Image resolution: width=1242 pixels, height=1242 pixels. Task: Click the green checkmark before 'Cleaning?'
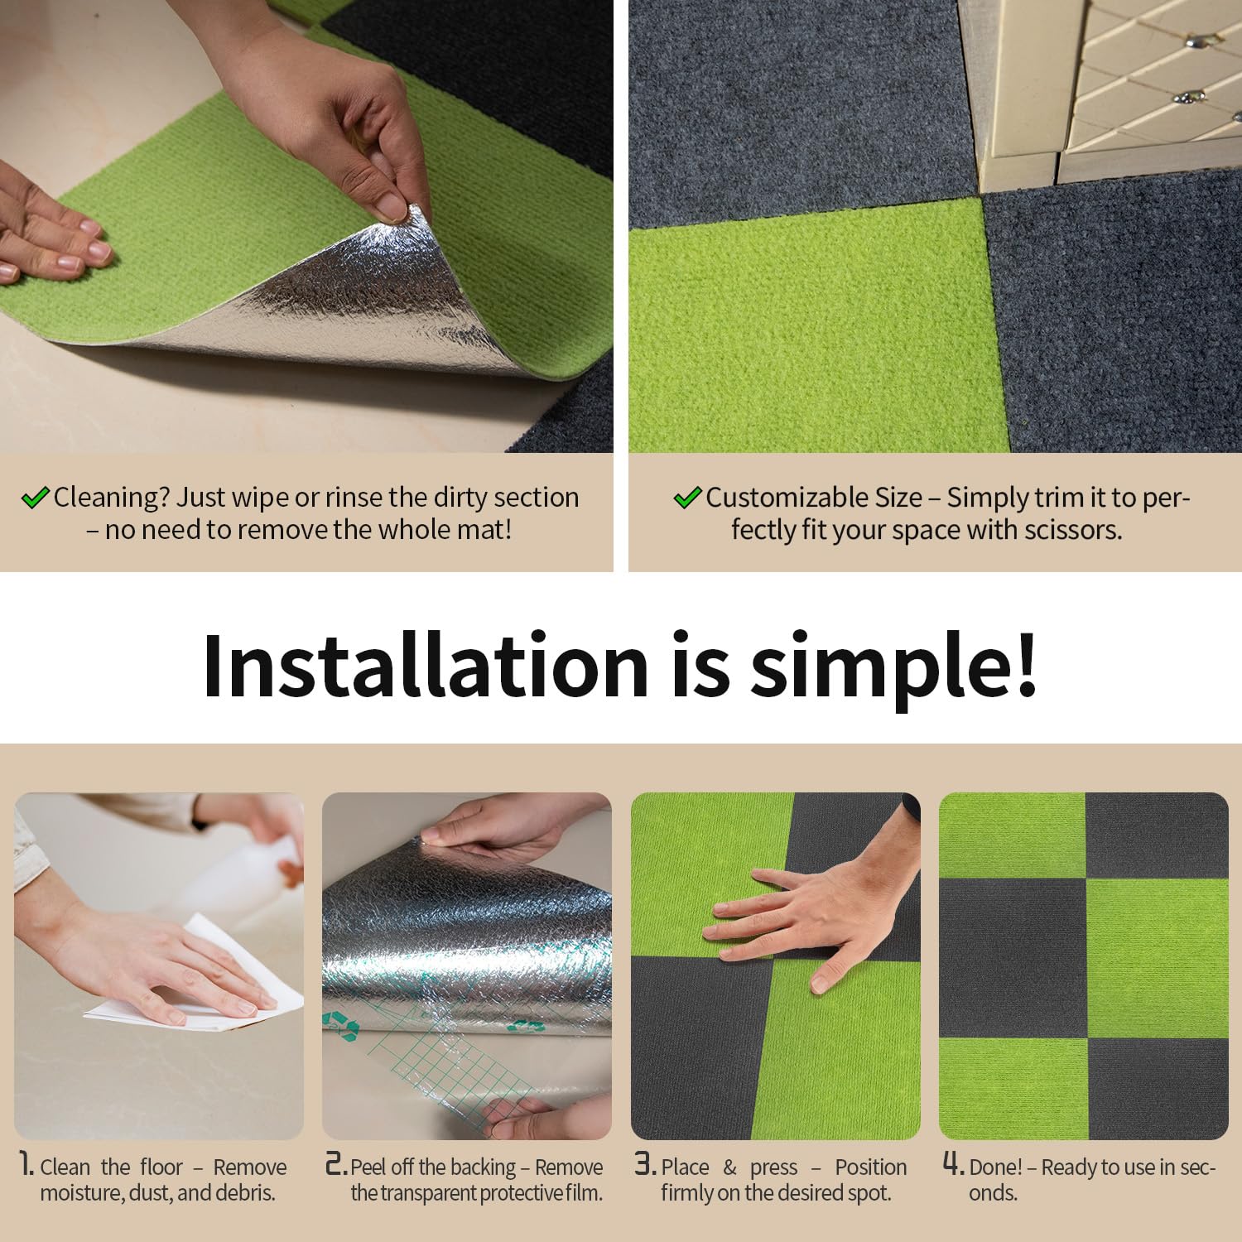point(36,498)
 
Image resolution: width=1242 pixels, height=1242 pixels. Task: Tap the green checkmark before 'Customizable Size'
point(687,498)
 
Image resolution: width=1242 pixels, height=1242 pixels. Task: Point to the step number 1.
point(26,1166)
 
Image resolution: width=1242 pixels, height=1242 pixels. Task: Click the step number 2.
point(335,1166)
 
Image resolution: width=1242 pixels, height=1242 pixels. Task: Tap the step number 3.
point(645,1166)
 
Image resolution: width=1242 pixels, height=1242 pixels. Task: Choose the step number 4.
point(954,1166)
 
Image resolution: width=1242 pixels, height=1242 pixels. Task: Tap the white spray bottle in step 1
point(248,869)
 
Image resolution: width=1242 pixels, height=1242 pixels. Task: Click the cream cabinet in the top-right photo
point(1110,91)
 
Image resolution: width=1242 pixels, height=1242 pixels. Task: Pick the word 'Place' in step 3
point(685,1167)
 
